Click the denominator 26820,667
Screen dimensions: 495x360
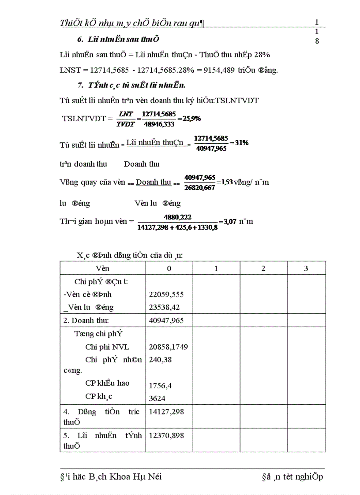200,188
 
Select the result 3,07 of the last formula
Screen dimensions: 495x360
230,222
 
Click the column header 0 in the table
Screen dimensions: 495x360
169,268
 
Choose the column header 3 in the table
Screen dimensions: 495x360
306,268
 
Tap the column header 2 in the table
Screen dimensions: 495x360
263,268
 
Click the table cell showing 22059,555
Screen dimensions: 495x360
166,294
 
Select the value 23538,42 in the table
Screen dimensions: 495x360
165,307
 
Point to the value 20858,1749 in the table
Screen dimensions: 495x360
169,347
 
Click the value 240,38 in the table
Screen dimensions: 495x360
161,360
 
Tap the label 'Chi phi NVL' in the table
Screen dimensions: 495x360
108,347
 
